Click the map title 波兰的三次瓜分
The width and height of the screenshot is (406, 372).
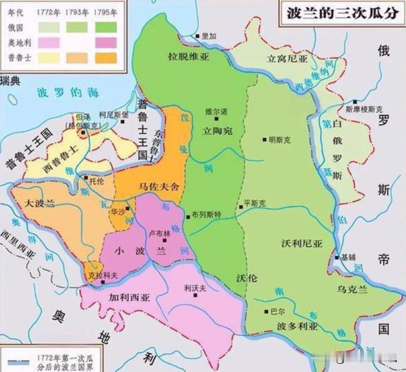point(342,13)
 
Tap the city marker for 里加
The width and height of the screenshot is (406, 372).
point(197,36)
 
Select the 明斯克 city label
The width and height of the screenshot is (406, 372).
point(279,140)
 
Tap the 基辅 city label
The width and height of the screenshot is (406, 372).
point(347,257)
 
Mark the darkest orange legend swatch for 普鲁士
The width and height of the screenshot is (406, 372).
point(104,57)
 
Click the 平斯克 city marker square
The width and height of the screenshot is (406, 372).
point(241,207)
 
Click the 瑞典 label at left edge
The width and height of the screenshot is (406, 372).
point(10,81)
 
